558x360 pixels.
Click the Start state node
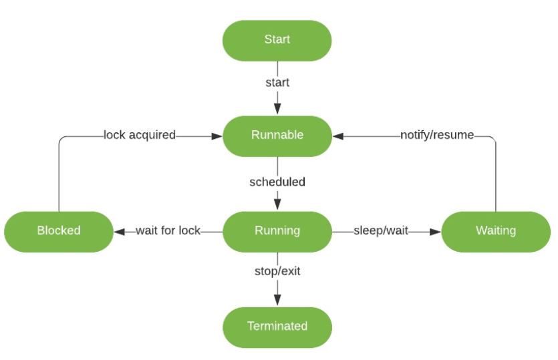point(277,40)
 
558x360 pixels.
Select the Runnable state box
point(277,136)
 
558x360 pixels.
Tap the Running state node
point(277,231)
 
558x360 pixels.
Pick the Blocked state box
point(59,231)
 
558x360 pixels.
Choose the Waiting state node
point(495,231)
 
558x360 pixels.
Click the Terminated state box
point(277,327)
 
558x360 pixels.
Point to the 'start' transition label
point(277,83)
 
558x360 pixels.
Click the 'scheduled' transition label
point(277,182)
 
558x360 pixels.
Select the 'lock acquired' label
point(139,136)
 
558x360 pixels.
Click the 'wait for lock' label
point(168,231)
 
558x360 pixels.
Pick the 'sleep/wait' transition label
point(380,231)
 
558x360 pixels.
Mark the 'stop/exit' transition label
point(277,272)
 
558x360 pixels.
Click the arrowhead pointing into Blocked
point(120,231)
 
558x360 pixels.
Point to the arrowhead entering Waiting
point(435,231)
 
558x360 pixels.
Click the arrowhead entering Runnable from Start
point(277,110)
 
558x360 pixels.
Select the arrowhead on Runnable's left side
point(217,136)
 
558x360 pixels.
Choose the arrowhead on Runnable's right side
point(337,136)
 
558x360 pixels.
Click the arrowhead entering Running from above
point(277,205)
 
